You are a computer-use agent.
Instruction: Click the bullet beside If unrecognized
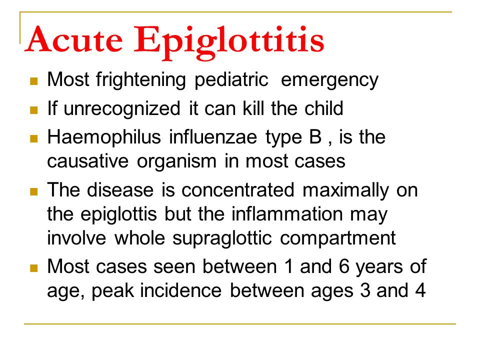pos(34,109)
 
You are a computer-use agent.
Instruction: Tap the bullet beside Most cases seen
pos(34,268)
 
